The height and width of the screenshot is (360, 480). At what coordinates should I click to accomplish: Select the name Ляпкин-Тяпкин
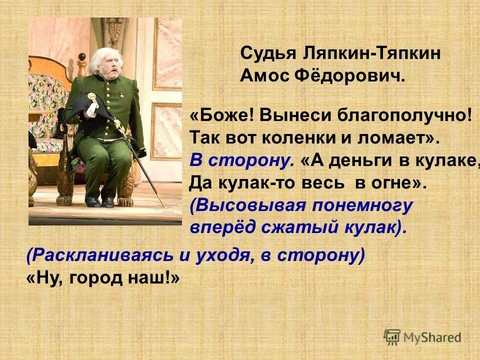(370, 53)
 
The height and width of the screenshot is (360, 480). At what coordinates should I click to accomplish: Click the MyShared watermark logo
(422, 336)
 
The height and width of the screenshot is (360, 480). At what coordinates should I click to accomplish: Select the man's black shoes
(100, 202)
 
